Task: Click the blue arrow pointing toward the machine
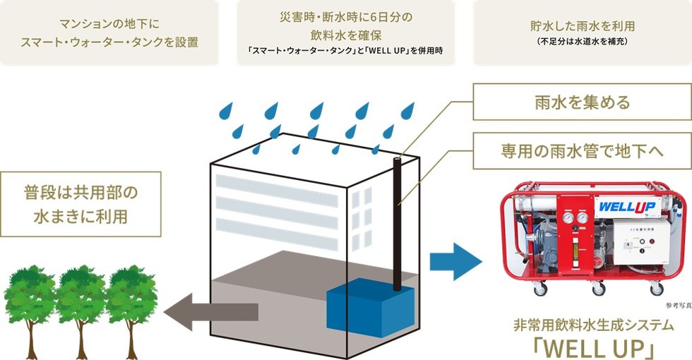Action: [456, 261]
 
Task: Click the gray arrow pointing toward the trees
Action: [211, 312]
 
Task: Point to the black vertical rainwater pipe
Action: [397, 224]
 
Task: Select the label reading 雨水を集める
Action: [582, 102]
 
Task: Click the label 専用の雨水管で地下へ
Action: [582, 151]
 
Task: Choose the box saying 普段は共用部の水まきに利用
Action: [80, 204]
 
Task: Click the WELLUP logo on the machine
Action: [627, 205]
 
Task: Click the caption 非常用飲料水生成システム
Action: [594, 325]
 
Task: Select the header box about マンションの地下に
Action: [109, 32]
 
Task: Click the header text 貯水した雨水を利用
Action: [583, 26]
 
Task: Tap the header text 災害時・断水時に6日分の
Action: [346, 17]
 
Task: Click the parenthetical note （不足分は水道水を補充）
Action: [583, 42]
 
